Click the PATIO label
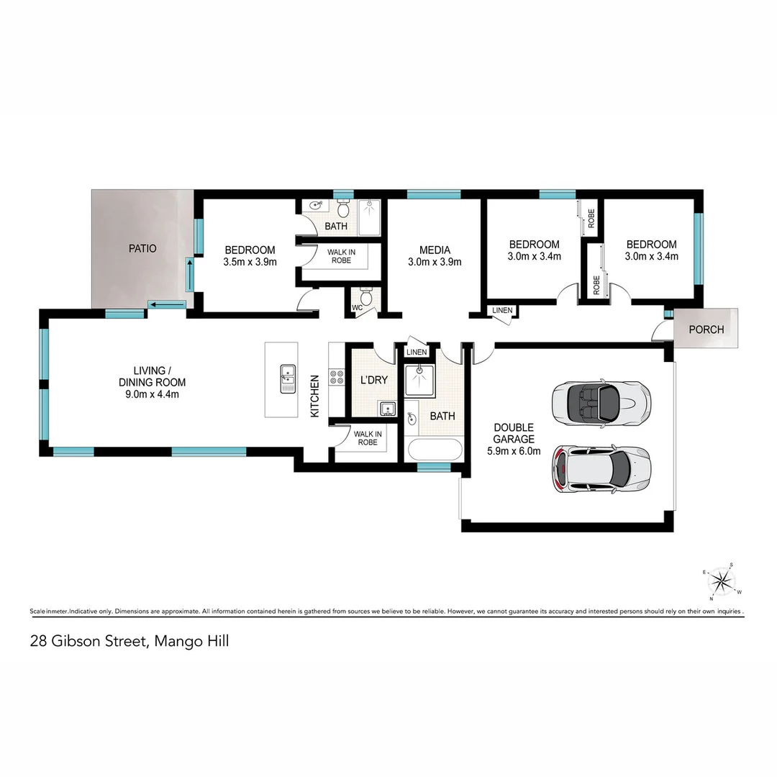(142, 248)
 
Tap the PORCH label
(706, 330)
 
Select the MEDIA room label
(435, 250)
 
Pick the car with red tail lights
(601, 469)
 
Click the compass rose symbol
(723, 581)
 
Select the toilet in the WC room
(365, 296)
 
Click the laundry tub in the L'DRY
(386, 409)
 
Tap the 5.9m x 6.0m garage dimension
(514, 452)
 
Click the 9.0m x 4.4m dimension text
(154, 394)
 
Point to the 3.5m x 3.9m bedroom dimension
(250, 262)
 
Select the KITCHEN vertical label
(314, 396)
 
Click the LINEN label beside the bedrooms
(502, 310)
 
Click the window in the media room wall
(433, 194)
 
